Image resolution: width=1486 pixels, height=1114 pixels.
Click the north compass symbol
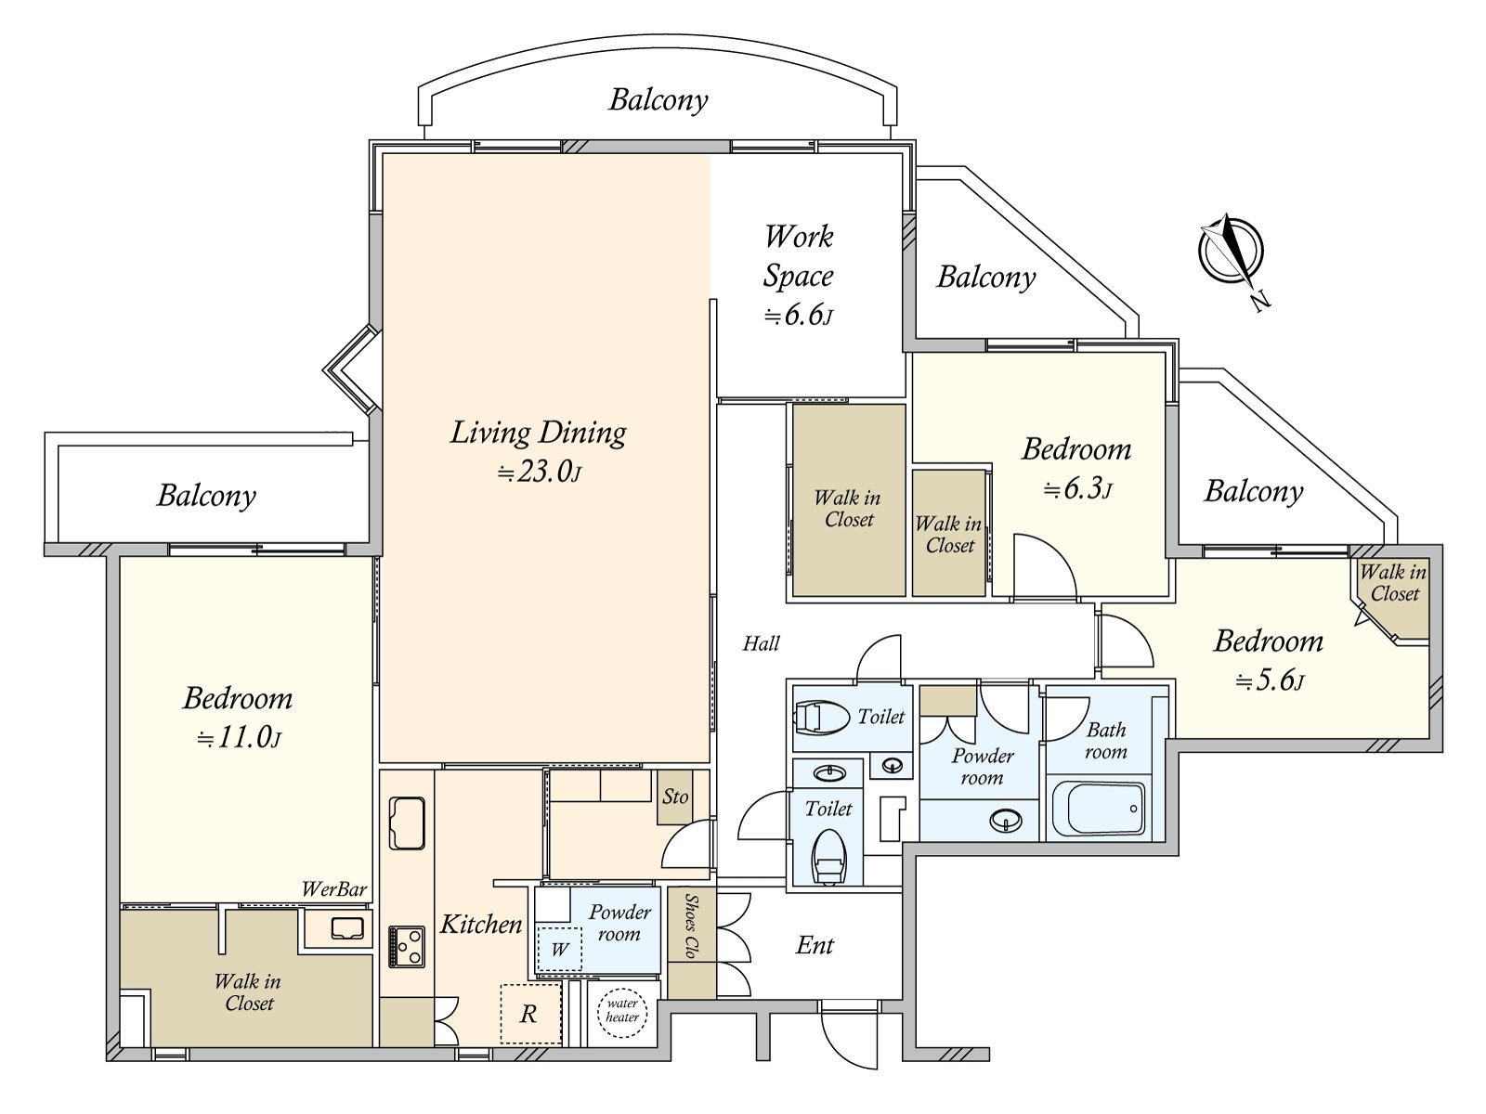click(1231, 249)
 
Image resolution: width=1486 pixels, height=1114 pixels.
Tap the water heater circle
click(621, 1011)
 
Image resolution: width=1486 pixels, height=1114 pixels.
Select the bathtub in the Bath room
click(1098, 809)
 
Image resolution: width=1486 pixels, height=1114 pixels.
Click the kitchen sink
click(407, 823)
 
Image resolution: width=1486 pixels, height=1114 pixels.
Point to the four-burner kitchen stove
click(406, 946)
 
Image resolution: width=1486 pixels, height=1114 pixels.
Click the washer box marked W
click(559, 949)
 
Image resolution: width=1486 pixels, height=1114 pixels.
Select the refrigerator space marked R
click(530, 1014)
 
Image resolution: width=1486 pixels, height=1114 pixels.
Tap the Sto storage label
click(675, 797)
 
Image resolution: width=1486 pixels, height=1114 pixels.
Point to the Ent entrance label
click(815, 945)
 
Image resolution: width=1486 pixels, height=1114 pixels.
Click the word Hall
click(761, 642)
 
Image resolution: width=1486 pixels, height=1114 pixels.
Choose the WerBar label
click(333, 889)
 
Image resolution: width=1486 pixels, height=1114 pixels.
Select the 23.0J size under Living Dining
click(540, 473)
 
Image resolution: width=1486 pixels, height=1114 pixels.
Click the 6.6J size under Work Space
click(798, 316)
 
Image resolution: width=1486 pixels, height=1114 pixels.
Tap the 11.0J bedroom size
click(239, 738)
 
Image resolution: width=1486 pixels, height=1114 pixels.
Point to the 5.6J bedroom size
click(1269, 681)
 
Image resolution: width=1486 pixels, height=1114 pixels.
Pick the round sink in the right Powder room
click(1006, 820)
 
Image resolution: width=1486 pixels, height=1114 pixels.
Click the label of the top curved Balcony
click(658, 99)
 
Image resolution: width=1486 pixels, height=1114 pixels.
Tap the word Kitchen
click(480, 924)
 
